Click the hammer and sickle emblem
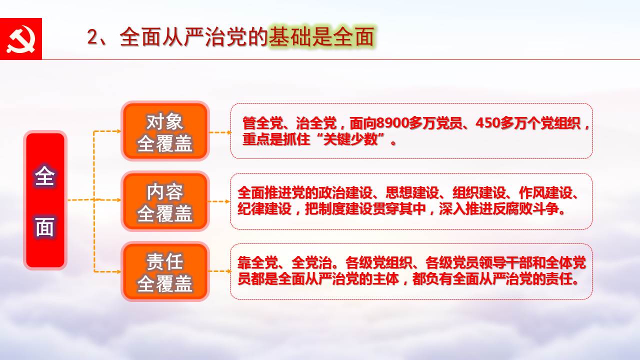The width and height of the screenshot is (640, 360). [21, 39]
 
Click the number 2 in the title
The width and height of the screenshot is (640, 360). [92, 37]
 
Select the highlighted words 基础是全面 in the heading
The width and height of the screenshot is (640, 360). [321, 37]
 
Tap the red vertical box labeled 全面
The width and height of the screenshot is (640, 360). [45, 200]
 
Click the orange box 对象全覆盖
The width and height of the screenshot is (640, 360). [165, 131]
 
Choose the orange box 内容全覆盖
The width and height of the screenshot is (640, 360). [165, 201]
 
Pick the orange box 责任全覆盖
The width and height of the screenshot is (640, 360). [165, 271]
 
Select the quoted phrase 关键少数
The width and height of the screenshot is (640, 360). [349, 139]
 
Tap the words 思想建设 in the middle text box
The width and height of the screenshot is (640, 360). [412, 193]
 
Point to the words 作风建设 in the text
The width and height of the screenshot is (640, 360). [545, 193]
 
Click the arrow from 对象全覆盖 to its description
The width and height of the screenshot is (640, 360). [220, 132]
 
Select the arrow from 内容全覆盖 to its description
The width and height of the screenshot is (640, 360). [219, 201]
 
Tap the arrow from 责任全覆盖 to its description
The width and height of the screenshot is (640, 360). [220, 271]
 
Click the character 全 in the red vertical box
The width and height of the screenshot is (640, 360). [45, 176]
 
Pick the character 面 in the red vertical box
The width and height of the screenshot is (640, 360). [45, 226]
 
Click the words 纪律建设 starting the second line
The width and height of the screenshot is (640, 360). [264, 209]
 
